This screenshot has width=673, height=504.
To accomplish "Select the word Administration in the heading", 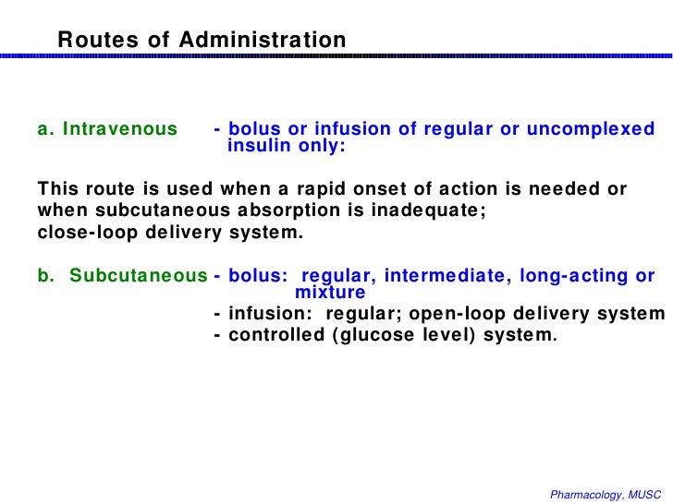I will click(263, 41).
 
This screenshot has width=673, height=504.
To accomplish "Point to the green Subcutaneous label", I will click(139, 276).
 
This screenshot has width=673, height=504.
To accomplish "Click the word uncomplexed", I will click(591, 129).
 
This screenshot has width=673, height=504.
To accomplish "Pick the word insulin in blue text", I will click(259, 146).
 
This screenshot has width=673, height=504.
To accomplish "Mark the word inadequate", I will click(434, 210).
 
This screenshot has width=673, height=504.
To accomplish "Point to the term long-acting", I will click(570, 276).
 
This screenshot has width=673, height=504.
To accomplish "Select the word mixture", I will click(330, 293).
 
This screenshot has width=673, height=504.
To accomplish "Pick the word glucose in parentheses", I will click(376, 335).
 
